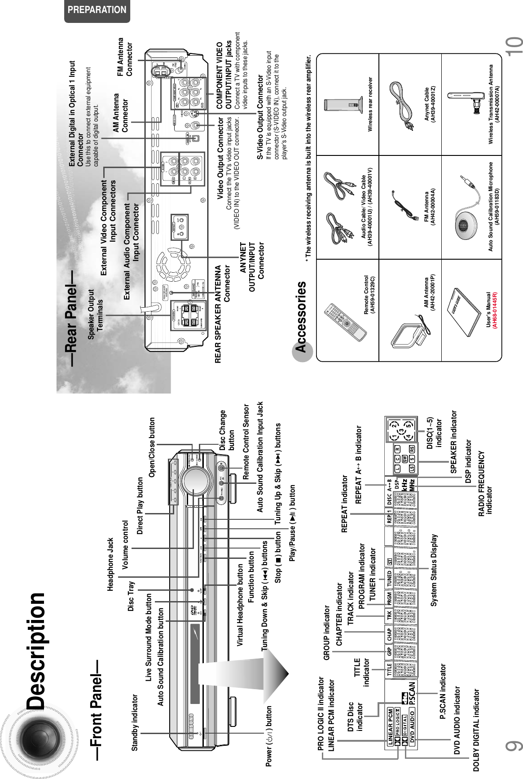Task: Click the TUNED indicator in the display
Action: click(x=390, y=578)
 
